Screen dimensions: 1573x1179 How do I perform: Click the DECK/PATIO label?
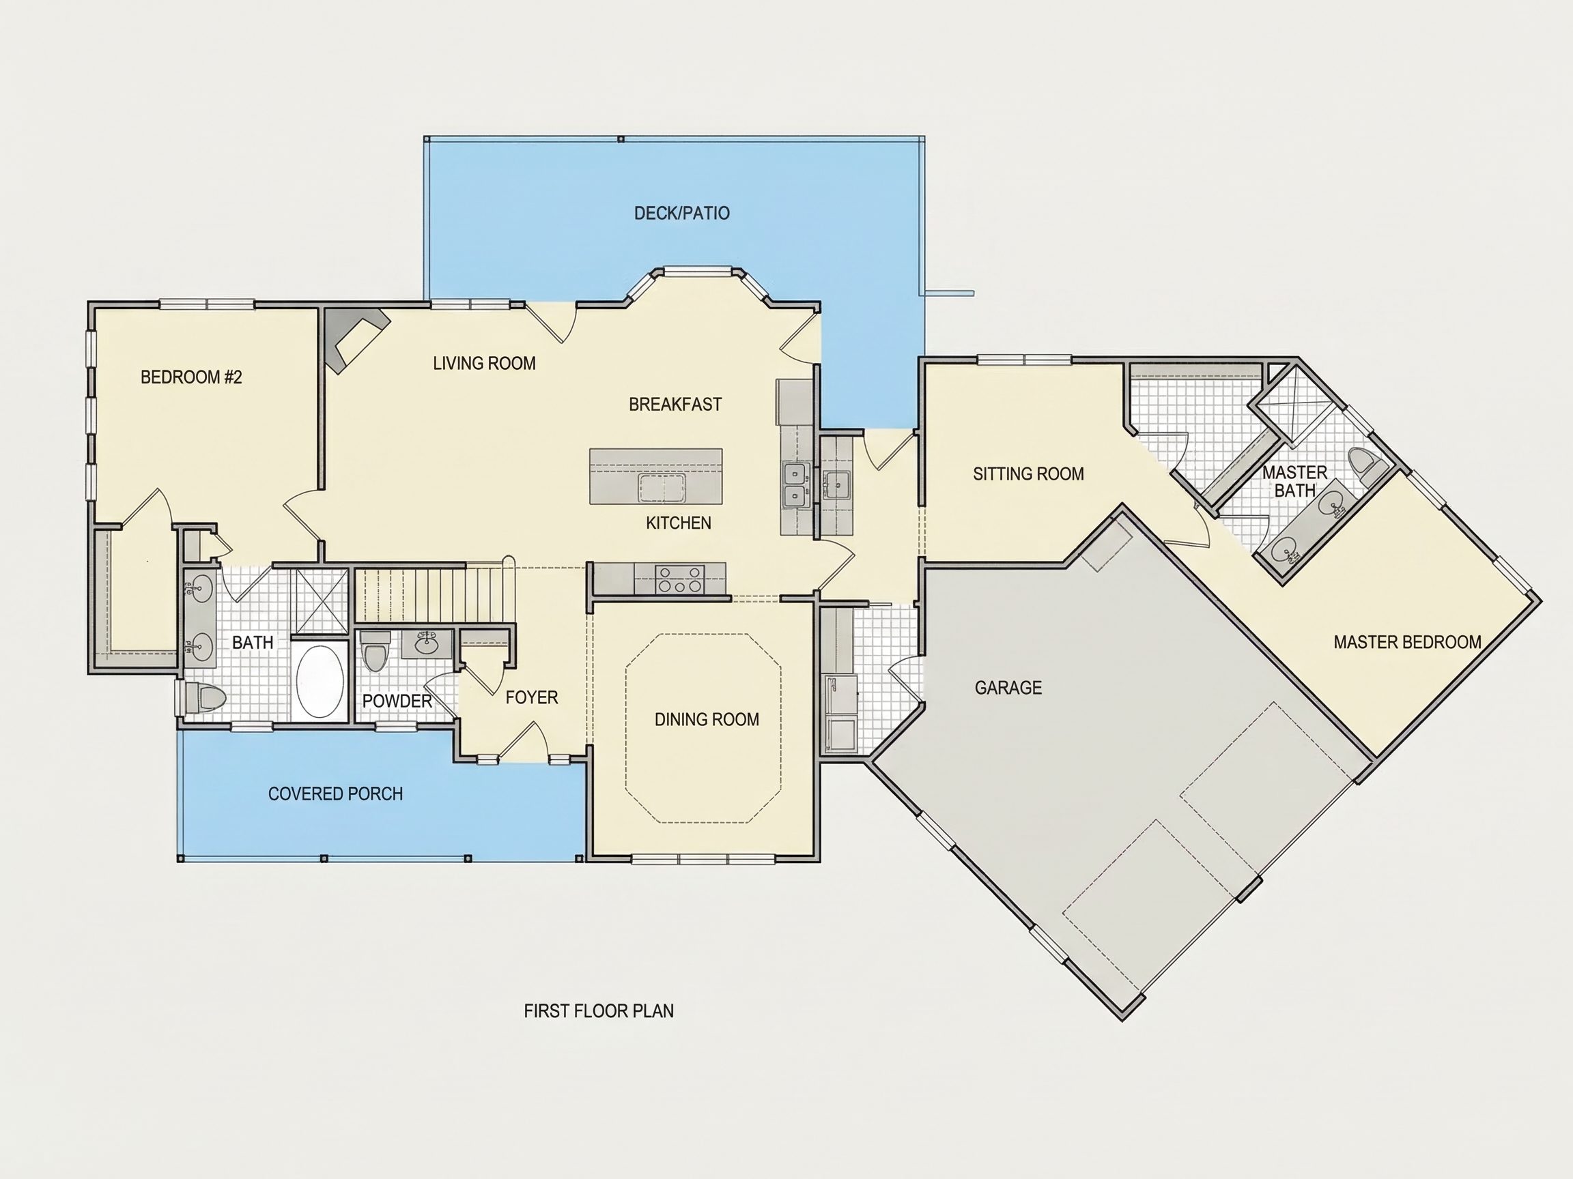(681, 213)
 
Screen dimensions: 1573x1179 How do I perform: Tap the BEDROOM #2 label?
(191, 377)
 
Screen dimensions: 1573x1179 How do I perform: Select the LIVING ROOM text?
(484, 363)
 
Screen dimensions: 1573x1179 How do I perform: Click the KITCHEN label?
(679, 523)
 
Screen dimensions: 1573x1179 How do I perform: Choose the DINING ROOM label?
(707, 719)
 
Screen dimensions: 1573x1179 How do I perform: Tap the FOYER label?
(532, 698)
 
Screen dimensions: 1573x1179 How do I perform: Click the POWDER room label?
(397, 701)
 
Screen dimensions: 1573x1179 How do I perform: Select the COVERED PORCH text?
(336, 794)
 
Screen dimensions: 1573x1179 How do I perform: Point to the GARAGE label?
(1008, 688)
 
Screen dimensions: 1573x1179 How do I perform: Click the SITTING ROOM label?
(1028, 474)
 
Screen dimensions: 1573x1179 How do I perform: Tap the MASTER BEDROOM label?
(1407, 643)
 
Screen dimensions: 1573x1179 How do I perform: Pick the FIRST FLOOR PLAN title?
(599, 1011)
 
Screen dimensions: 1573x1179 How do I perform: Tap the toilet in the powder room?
(375, 652)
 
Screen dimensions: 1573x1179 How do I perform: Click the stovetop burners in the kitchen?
(680, 579)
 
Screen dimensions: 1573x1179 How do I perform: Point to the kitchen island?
(655, 476)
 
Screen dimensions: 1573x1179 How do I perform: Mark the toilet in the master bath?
(1367, 467)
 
